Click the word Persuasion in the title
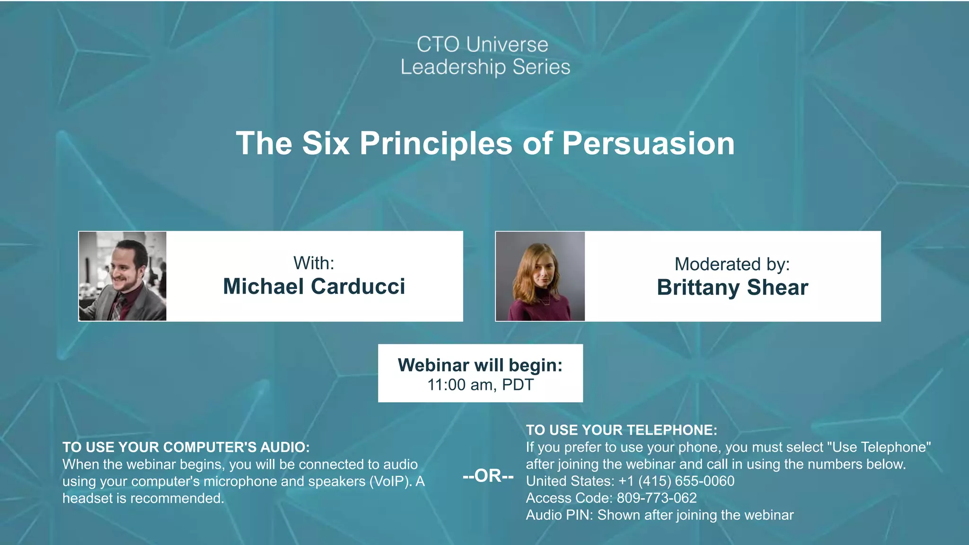tap(648, 143)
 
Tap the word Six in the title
tap(326, 143)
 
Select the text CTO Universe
tap(482, 44)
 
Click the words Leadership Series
tap(485, 67)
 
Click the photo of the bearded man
tap(123, 276)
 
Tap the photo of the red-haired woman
tap(540, 276)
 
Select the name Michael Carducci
tap(314, 287)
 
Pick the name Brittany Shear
tap(732, 288)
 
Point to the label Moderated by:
tap(732, 264)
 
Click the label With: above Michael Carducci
tap(314, 263)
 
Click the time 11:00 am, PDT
tap(480, 385)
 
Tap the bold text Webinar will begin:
tap(480, 365)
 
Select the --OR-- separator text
tap(488, 475)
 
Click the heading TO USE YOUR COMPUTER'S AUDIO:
tap(186, 447)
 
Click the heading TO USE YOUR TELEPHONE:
tap(621, 430)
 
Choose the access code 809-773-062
tap(656, 498)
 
